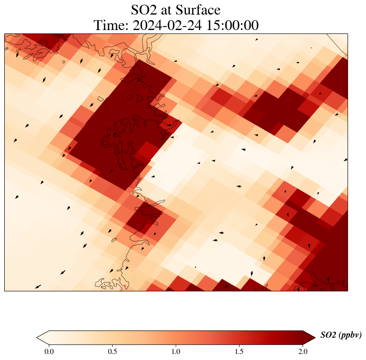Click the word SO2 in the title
tap(146, 10)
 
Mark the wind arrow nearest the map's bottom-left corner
tap(38, 287)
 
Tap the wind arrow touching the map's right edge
tap(345, 160)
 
